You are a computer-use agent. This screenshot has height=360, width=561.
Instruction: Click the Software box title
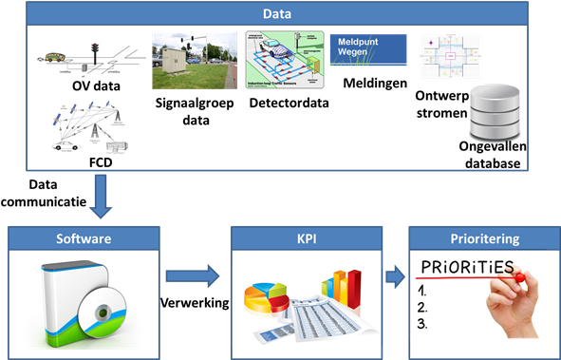[x=84, y=238]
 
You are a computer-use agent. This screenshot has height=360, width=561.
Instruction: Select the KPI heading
[x=306, y=238]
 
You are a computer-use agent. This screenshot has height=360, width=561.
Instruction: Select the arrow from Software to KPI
[x=194, y=276]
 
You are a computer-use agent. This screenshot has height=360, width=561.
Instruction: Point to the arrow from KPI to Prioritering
[x=394, y=277]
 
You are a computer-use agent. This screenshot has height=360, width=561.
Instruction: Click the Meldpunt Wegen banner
[x=367, y=48]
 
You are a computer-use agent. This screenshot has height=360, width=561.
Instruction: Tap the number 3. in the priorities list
[x=422, y=323]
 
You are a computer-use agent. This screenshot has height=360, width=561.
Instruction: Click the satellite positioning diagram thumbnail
[x=89, y=124]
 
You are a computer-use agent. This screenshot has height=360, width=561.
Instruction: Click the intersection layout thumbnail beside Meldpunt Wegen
[x=450, y=56]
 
